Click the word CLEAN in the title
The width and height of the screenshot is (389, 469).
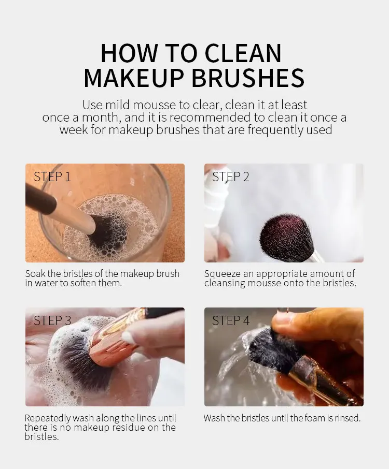click(x=243, y=53)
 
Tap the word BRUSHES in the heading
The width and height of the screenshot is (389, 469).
click(x=247, y=78)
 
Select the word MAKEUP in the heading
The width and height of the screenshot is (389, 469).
click(x=133, y=78)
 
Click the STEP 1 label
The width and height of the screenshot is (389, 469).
click(x=52, y=177)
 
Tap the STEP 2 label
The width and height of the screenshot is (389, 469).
click(x=230, y=177)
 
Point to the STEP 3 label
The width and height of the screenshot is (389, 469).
click(x=52, y=320)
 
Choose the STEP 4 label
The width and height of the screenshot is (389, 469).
click(x=231, y=320)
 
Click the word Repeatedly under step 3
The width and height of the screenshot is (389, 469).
click(x=48, y=418)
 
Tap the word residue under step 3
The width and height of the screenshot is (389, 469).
click(x=129, y=428)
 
